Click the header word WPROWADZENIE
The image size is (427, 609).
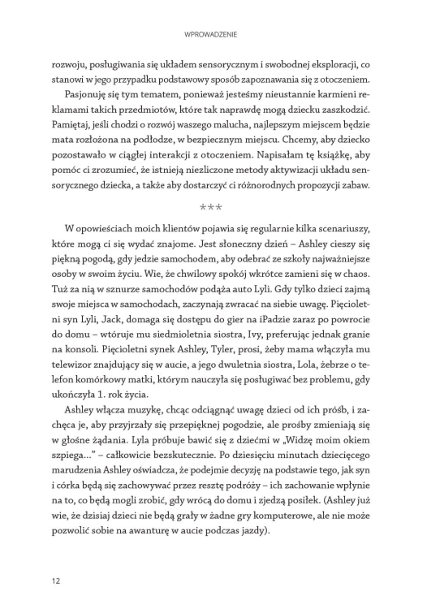point(213,34)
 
